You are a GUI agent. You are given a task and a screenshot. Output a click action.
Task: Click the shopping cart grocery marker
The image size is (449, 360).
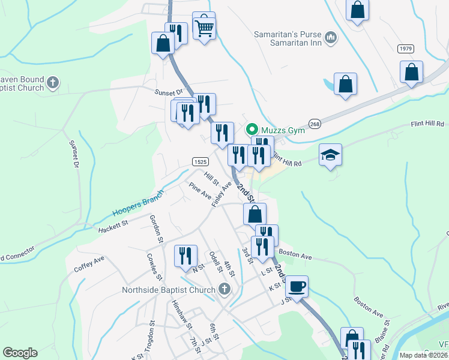tap(205, 26)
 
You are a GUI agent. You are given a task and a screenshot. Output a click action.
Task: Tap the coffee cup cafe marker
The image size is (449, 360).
tap(297, 286)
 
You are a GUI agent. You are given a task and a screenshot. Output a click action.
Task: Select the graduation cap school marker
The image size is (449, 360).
tap(330, 155)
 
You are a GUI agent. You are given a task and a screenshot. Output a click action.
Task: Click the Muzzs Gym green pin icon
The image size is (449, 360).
tap(252, 129)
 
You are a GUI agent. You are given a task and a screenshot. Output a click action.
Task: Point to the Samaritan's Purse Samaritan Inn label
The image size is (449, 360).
tap(288, 39)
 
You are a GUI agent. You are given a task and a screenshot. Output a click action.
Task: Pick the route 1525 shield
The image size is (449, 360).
tap(200, 162)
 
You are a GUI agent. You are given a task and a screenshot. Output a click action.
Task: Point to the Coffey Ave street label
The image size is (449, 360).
tap(89, 263)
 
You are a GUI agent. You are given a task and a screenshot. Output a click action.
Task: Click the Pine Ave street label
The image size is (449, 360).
tap(200, 191)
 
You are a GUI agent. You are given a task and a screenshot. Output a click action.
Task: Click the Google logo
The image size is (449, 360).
tap(20, 353)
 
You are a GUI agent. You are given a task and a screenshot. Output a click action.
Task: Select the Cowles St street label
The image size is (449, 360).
tap(154, 266)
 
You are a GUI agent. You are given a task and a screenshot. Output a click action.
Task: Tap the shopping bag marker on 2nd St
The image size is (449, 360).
tap(255, 214)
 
